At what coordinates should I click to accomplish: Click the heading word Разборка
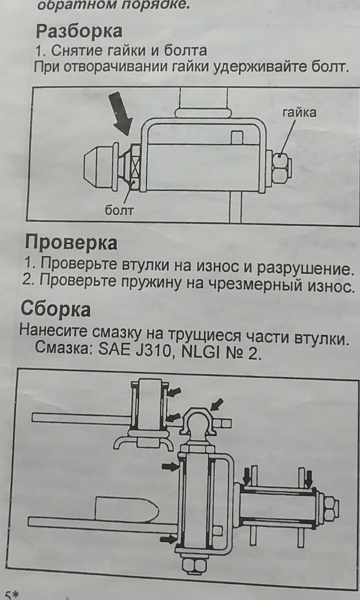pos(79,31)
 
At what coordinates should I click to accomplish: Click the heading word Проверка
pos(71,242)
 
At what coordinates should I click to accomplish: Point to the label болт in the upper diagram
pos(118,210)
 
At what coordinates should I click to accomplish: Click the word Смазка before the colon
pos(64,347)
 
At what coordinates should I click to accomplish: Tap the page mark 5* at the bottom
pos(12,594)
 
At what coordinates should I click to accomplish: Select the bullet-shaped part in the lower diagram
pos(126,509)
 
